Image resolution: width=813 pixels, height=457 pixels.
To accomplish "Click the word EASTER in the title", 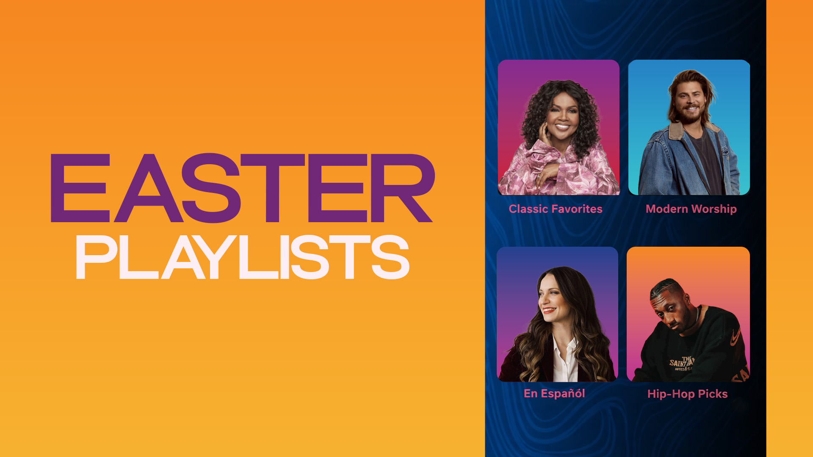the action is pos(242,188).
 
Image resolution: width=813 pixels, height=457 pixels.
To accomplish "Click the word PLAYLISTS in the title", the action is pos(243,257).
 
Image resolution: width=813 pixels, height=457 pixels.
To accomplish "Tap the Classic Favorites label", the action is pos(556,209).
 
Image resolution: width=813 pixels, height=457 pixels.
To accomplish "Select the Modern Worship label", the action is pos(691,209).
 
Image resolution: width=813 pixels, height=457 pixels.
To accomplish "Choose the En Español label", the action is pos(554,394).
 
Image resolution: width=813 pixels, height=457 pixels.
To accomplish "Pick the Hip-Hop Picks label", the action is pos(687,394).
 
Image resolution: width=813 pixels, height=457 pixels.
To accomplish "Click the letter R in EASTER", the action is pos(403,188).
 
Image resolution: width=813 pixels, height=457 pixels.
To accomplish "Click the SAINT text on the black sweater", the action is pos(679,363).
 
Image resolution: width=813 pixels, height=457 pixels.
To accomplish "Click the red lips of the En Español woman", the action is pos(549,311).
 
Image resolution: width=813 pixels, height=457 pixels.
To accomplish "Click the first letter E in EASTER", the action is pos(80,188).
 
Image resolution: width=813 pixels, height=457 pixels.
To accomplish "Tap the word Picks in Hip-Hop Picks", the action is pos(713,394).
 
